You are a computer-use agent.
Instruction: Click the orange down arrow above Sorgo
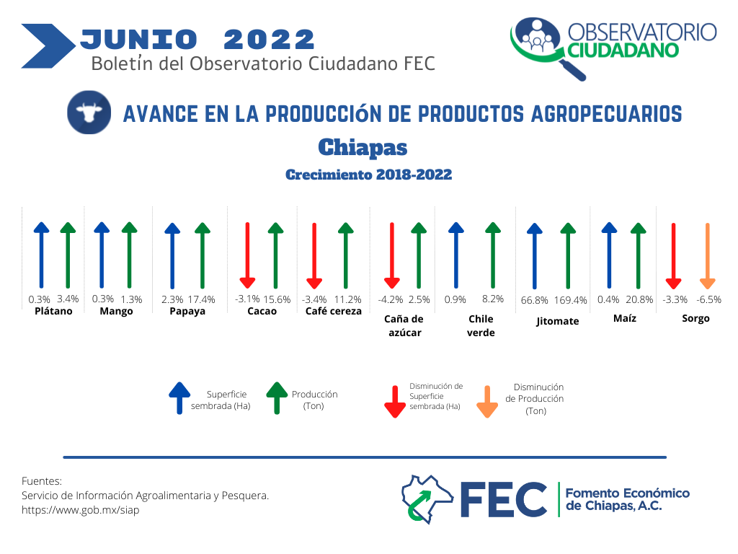point(708,256)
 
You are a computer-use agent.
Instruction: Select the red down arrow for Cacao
point(248,255)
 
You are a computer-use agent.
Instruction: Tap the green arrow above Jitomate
point(568,255)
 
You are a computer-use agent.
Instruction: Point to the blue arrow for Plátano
point(41,255)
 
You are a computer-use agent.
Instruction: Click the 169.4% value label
point(571,300)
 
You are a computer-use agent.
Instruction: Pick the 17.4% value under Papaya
point(202,299)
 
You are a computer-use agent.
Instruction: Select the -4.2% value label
point(391,299)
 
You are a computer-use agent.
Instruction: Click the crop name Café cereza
point(333,311)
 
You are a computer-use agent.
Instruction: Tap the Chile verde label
point(481,325)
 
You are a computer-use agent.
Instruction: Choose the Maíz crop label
point(625,318)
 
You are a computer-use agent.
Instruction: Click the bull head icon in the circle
point(89,112)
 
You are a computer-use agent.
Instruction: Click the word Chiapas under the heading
point(363,147)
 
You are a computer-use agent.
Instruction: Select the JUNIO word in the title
point(139,39)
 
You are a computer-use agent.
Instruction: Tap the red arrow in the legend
point(395,402)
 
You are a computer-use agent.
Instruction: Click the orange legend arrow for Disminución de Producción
point(487,402)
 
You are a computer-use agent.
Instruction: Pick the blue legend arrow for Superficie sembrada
point(179,398)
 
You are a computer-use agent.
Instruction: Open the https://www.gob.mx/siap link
point(81,510)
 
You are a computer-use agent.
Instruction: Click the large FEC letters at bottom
point(503,499)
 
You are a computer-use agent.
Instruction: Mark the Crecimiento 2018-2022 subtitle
point(368,175)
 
